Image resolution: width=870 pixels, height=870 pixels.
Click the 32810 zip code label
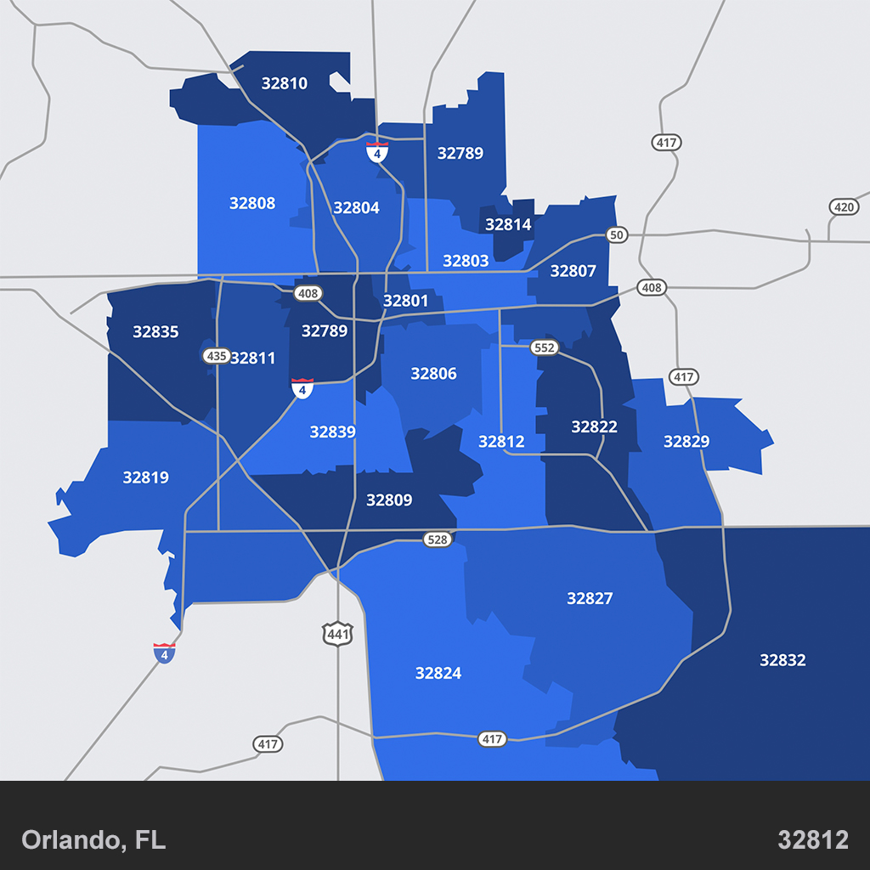(285, 83)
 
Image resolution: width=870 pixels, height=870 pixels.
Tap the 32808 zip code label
(252, 203)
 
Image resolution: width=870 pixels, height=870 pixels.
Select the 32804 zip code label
(356, 208)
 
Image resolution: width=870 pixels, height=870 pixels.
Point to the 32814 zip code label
(508, 225)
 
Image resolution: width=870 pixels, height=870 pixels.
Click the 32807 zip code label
(573, 272)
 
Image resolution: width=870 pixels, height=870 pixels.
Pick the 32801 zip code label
(405, 301)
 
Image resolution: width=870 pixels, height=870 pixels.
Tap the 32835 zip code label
(155, 332)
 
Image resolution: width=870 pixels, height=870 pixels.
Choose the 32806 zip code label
(433, 374)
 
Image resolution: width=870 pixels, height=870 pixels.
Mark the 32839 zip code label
(332, 432)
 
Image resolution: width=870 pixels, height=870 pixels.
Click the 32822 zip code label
(594, 427)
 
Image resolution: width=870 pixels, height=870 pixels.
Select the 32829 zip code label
(686, 442)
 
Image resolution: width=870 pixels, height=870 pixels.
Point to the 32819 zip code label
(145, 477)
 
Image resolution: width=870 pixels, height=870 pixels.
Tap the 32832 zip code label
(782, 660)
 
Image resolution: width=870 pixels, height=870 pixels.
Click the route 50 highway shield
(617, 234)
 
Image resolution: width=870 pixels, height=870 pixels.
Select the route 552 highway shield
(544, 347)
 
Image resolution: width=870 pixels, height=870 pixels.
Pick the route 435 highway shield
(216, 356)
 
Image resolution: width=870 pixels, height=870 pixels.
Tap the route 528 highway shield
(437, 540)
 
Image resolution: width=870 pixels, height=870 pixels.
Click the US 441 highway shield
(336, 633)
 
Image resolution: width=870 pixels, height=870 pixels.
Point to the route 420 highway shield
(844, 207)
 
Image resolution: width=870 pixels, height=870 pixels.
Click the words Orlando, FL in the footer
(93, 840)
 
